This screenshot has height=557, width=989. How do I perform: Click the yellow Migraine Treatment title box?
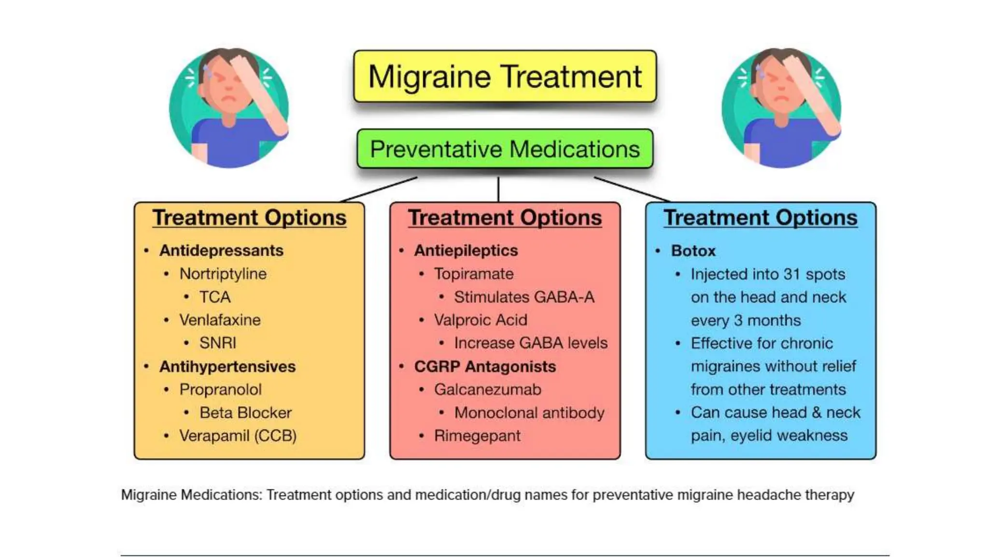[x=505, y=76]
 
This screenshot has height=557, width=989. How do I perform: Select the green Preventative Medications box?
[x=505, y=149]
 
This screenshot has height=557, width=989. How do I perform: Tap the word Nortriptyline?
[x=223, y=274]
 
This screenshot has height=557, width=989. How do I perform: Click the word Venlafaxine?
[x=220, y=320]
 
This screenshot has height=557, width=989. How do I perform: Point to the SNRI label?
[x=218, y=343]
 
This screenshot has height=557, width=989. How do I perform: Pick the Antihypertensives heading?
[x=227, y=366]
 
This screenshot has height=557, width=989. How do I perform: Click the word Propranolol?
[x=220, y=389]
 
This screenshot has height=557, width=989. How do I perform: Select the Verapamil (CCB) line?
[x=238, y=436]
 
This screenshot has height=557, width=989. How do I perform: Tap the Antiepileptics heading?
[x=466, y=250]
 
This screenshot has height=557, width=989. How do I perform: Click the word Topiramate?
[x=474, y=274]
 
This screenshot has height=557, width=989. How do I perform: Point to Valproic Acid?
[x=480, y=320]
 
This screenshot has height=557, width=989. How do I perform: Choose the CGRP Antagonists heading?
[x=485, y=366]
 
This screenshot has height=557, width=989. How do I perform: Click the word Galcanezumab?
[x=487, y=389]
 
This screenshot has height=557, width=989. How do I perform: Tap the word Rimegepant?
[x=477, y=436]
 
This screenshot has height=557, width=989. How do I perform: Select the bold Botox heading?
[x=693, y=251]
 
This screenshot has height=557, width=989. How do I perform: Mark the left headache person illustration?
[x=229, y=108]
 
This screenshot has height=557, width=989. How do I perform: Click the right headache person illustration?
[x=781, y=108]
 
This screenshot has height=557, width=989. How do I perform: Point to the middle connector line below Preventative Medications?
[x=498, y=189]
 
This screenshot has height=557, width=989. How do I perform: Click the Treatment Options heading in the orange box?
[x=249, y=218]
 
